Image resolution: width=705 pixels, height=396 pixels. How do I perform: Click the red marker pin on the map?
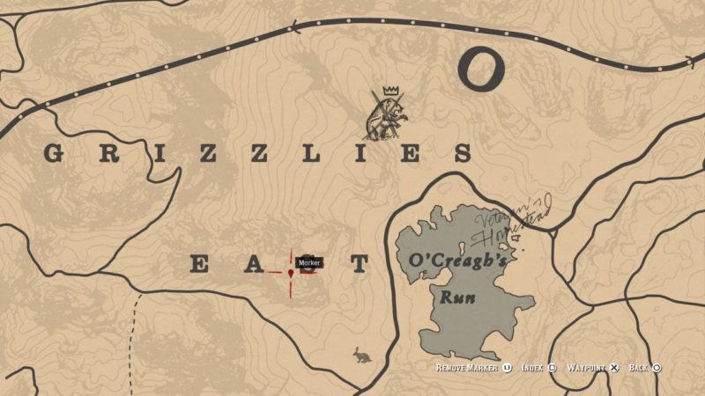click(290, 274)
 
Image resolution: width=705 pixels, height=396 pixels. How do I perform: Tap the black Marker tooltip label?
click(308, 262)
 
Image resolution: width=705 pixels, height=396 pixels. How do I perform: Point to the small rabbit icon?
click(361, 355)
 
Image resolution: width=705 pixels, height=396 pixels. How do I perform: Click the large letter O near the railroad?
click(482, 69)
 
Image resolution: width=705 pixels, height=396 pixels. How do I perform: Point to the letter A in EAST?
click(251, 264)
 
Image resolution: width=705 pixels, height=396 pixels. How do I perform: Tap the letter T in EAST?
click(358, 264)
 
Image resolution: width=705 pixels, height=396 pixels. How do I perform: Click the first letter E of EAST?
click(200, 264)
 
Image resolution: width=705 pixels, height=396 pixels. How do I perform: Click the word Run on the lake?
click(458, 297)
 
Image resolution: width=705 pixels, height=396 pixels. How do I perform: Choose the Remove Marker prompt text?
click(468, 368)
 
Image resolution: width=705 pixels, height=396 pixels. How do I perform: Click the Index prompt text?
click(531, 368)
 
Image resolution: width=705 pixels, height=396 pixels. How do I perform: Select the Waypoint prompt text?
click(587, 368)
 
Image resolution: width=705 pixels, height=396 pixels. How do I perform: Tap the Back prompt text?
click(639, 368)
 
